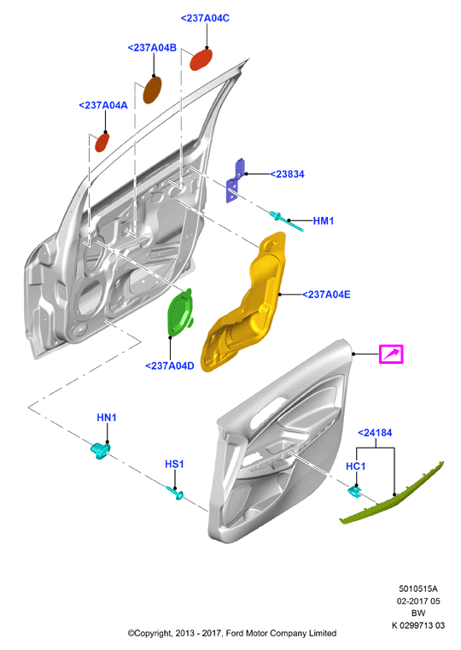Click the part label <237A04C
pos(205,18)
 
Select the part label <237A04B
pos(152,48)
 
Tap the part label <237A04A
pos(103,105)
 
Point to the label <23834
pos(287,174)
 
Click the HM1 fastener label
pos(323,221)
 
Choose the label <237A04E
pos(326,295)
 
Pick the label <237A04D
pos(169,366)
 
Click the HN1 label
pos(107,418)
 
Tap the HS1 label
pos(174,464)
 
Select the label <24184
pos(375,433)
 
